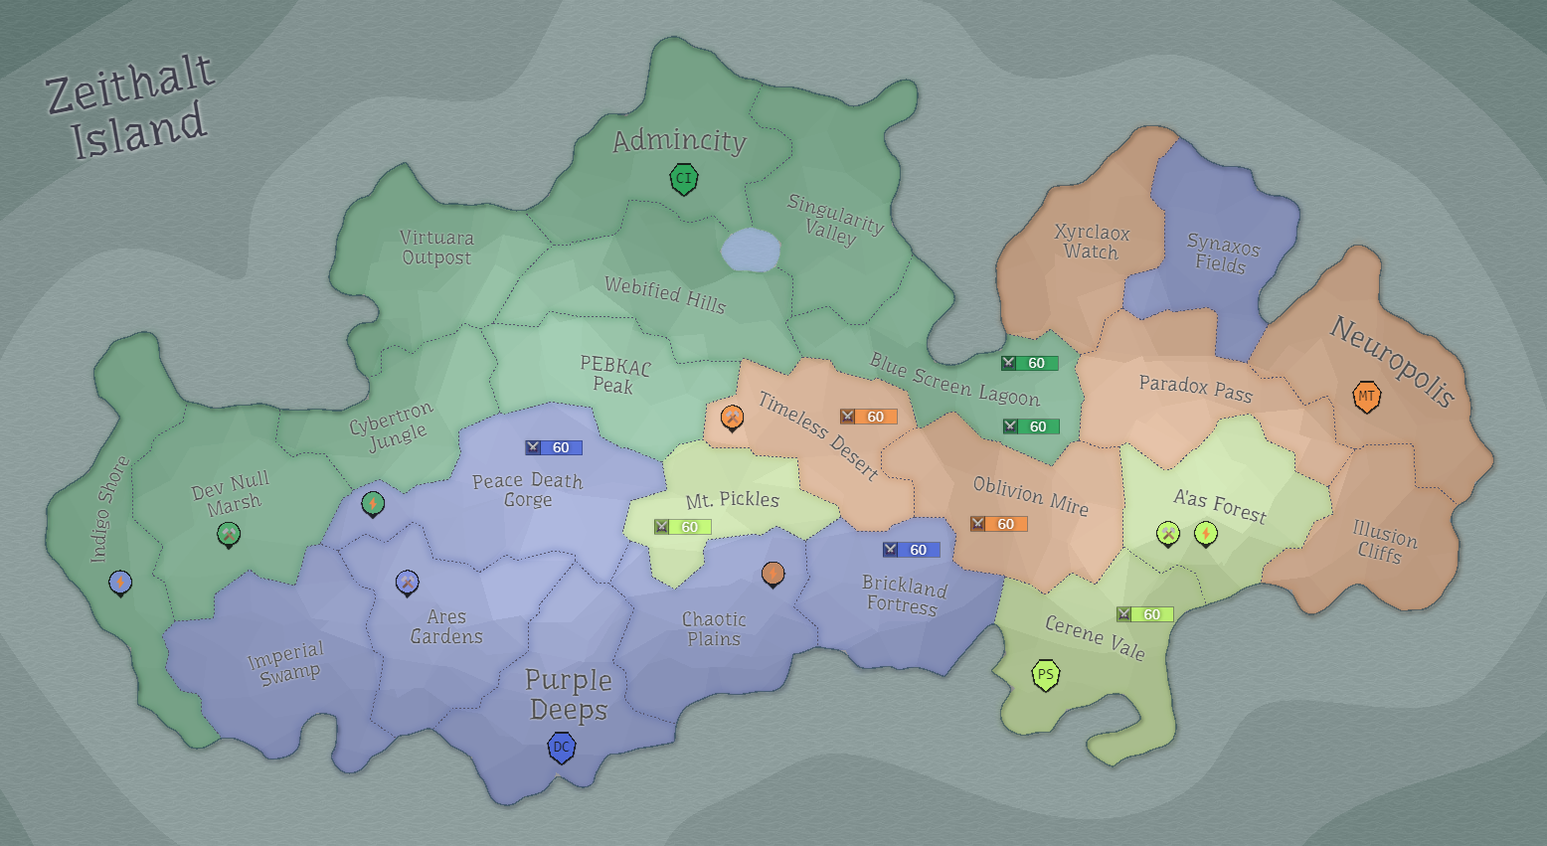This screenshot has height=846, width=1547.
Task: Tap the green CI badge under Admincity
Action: point(683,179)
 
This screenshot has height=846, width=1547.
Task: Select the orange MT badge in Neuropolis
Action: point(1367,396)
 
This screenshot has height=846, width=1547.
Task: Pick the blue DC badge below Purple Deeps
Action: point(562,747)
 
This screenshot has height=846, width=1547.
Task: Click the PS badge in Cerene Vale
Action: point(1045,675)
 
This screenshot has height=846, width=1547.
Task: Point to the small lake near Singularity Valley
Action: point(751,250)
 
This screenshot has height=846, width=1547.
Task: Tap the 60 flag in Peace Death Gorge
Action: point(554,447)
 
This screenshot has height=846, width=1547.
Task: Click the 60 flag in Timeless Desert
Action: point(868,417)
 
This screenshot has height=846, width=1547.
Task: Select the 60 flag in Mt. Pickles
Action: point(682,527)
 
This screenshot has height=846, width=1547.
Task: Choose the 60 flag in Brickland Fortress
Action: point(911,550)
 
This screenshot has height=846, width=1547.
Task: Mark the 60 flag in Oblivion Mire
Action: point(998,524)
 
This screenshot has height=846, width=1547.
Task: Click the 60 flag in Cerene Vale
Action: point(1144,614)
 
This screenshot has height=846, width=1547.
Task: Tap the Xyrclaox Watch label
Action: point(1092,242)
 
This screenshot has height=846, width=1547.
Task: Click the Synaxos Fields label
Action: point(1222,254)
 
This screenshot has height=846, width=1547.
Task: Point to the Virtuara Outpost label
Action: point(436,248)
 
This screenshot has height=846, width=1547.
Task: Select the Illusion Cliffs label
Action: point(1383,542)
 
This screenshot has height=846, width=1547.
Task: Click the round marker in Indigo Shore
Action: point(120,582)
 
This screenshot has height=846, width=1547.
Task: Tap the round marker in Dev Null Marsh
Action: point(229,534)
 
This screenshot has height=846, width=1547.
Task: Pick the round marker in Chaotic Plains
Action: point(773,573)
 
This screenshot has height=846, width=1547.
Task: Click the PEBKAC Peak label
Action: point(614,375)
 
